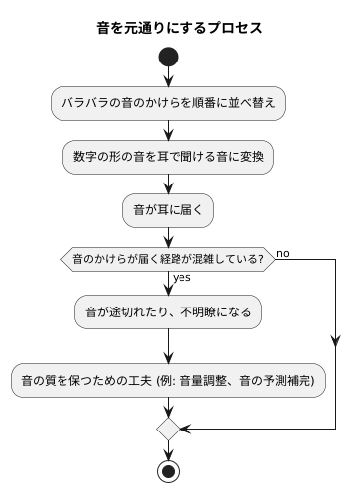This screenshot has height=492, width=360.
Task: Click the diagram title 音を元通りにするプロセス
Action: pos(180,27)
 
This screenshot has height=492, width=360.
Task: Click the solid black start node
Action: pos(169,58)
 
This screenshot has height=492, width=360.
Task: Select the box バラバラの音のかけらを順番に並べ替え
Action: pos(169,101)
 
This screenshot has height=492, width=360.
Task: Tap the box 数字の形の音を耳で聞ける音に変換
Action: pos(169,156)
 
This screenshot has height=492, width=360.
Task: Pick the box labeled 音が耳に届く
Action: pos(169,210)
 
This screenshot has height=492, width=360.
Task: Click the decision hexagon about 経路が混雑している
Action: pos(169,261)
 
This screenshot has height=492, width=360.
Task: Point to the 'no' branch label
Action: pos(283,254)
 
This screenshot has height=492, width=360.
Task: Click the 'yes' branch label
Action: pos(181,278)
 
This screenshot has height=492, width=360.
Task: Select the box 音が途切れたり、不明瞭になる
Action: pos(169,311)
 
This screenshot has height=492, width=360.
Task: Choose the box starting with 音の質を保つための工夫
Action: pos(169,379)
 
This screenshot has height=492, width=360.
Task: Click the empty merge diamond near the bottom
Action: pos(169,430)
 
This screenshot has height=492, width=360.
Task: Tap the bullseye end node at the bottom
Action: pos(169,471)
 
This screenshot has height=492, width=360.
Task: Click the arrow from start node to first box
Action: pos(169,77)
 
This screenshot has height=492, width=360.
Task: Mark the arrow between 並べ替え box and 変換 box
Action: pos(169,129)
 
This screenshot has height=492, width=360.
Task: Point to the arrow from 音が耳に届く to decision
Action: pos(169,236)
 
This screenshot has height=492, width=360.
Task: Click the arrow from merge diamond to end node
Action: pos(169,449)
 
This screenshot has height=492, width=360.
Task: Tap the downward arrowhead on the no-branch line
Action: pos(336,342)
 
